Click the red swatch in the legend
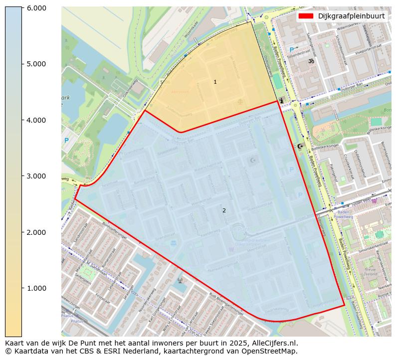click(305, 16)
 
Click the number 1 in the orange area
click(215, 82)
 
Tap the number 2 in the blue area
click(224, 210)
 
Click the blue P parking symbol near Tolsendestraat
click(292, 50)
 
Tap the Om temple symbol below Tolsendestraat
click(311, 61)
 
